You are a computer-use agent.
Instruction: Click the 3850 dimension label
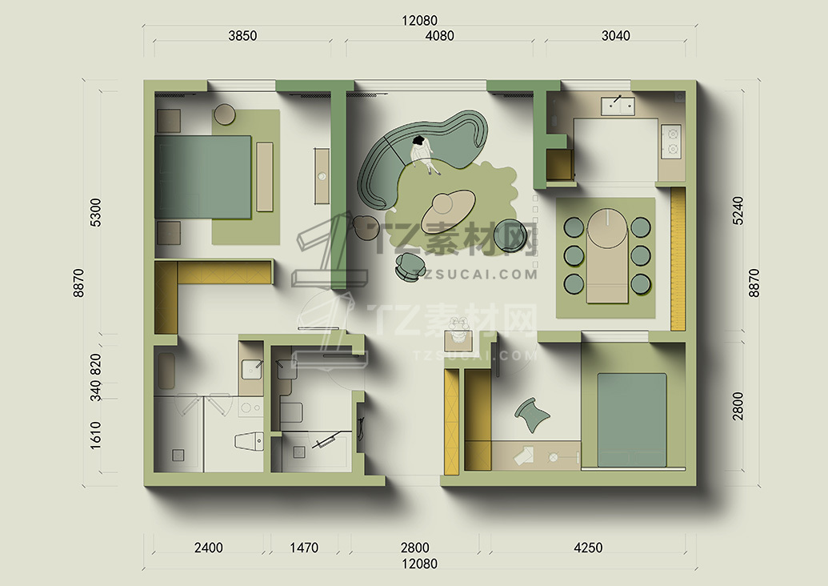tap(242, 36)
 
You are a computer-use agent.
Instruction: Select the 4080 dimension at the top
tap(439, 36)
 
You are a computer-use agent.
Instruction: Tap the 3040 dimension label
tap(616, 36)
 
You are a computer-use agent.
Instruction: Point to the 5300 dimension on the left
tap(95, 212)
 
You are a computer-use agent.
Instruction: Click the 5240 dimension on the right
tap(738, 211)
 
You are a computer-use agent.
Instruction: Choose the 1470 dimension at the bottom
tap(304, 548)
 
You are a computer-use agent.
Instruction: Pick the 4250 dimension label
tap(588, 548)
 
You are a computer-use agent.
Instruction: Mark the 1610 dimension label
tap(95, 435)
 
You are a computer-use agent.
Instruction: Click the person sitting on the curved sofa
tap(423, 155)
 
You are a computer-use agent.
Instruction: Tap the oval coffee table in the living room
tap(448, 208)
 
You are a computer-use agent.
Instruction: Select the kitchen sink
tap(618, 106)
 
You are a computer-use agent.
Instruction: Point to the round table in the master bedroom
tap(225, 114)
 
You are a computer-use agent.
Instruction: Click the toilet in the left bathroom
tap(250, 441)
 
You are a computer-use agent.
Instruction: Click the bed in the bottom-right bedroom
tap(631, 420)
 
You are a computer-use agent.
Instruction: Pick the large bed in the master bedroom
tap(202, 177)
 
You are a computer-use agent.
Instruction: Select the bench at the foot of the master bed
tap(265, 177)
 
